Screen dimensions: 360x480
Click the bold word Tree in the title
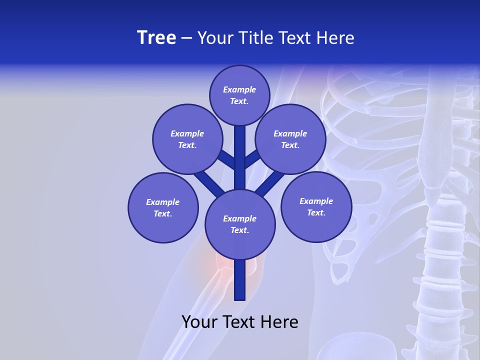pyautogui.click(x=156, y=38)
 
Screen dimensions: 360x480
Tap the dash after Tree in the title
pyautogui.click(x=186, y=38)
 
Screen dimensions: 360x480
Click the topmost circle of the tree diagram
pyautogui.click(x=239, y=95)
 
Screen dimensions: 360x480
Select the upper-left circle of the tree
pyautogui.click(x=187, y=139)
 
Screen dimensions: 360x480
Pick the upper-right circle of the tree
pyautogui.click(x=290, y=139)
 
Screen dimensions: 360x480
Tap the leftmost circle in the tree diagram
pyautogui.click(x=163, y=207)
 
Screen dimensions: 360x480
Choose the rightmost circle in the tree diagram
pyautogui.click(x=316, y=206)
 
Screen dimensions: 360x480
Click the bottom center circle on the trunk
pyautogui.click(x=240, y=224)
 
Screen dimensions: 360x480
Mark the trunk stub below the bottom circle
pyautogui.click(x=240, y=280)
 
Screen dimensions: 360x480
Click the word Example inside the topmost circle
pyautogui.click(x=239, y=89)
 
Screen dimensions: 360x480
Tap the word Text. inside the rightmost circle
pyautogui.click(x=316, y=212)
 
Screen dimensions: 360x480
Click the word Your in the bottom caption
pyautogui.click(x=199, y=322)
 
